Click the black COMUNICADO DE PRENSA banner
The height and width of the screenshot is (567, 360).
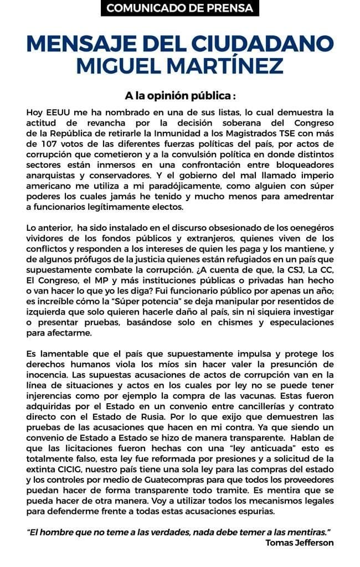click(180, 8)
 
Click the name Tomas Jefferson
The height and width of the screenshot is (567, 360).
click(300, 542)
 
